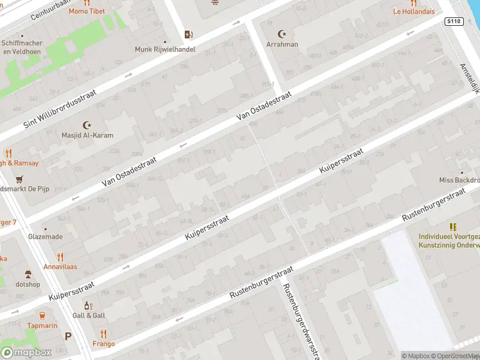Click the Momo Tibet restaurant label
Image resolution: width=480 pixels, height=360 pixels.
[x=86, y=11]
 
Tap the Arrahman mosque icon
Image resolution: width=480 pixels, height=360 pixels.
[x=281, y=34]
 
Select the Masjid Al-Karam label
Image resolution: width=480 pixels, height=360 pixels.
[x=87, y=135]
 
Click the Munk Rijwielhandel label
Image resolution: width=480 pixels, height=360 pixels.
[x=165, y=49]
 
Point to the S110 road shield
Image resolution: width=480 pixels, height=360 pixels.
[x=454, y=21]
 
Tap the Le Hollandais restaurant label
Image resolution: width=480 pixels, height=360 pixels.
[x=413, y=11]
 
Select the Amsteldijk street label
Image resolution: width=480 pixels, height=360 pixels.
[x=470, y=79]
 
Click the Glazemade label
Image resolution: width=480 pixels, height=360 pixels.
[x=45, y=236]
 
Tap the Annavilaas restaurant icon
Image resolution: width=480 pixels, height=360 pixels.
[x=59, y=255]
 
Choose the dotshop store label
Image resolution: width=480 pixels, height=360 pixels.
[x=28, y=284]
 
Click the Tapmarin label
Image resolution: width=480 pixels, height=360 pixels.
[x=41, y=325]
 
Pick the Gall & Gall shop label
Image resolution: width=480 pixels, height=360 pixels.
[x=88, y=316]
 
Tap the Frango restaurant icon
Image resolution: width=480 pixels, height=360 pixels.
[x=103, y=334]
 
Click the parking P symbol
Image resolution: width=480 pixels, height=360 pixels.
[x=68, y=337]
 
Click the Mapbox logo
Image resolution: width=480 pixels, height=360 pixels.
[x=27, y=352]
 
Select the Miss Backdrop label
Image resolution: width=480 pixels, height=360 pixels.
[x=459, y=180]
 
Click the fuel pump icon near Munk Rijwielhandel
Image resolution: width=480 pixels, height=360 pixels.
[x=188, y=34]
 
